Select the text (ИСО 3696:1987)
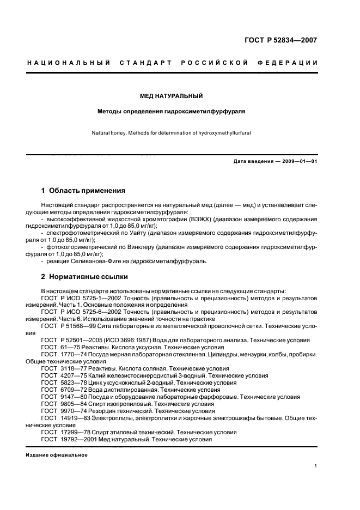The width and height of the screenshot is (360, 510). pyautogui.click(x=140, y=340)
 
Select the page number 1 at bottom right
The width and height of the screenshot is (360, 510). pyautogui.click(x=316, y=466)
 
